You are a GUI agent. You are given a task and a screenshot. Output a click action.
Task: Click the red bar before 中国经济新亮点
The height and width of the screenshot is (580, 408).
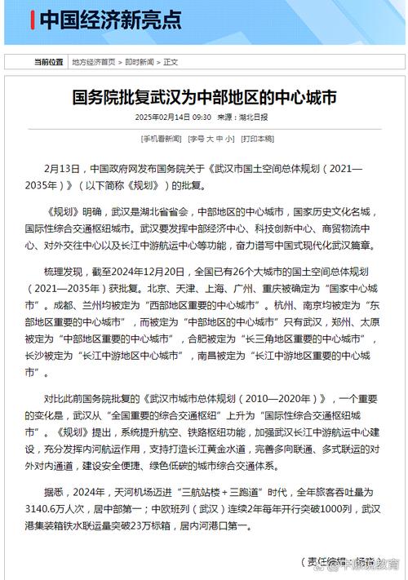coord(32,19)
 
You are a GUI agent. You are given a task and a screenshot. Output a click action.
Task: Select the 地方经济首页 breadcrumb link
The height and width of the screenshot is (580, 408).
coord(93,61)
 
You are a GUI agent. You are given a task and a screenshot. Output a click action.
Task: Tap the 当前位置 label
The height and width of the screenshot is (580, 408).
coord(48,61)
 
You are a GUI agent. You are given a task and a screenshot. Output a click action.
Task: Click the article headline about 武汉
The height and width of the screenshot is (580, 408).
coord(204,97)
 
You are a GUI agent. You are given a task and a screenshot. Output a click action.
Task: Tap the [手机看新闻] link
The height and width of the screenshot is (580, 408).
coord(161,139)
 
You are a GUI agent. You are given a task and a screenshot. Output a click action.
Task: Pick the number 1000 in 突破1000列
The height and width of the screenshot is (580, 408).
coord(308,507)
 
